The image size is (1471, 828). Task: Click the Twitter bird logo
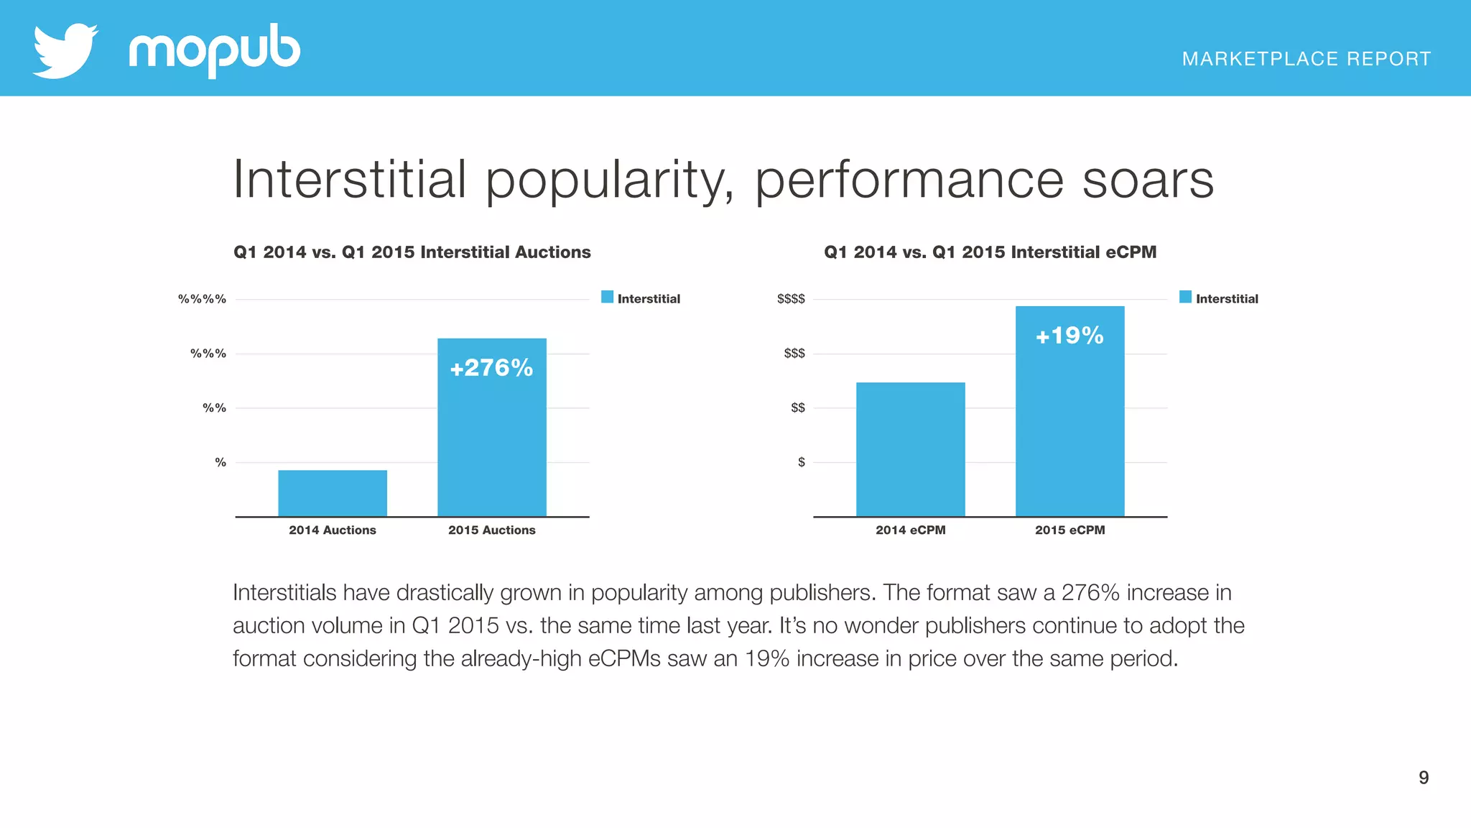(65, 50)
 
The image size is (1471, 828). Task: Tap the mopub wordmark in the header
(214, 50)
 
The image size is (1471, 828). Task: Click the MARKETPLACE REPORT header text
(1306, 59)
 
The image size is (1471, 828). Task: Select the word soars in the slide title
(1147, 180)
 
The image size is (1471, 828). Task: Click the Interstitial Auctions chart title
(412, 252)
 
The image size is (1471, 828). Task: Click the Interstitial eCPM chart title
(990, 252)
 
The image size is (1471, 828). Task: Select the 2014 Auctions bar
(333, 493)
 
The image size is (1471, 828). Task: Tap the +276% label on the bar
(491, 368)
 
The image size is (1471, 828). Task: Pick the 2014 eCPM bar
(910, 449)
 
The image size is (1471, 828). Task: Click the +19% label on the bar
(1069, 336)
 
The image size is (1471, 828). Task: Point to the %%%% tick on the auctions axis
(202, 299)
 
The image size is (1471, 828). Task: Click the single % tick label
(221, 462)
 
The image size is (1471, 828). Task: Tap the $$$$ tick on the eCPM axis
(791, 299)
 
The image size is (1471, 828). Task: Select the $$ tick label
(797, 408)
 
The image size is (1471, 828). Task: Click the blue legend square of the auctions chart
(607, 297)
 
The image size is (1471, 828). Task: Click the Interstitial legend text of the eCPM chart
(1226, 299)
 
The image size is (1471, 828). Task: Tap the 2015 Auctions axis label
(491, 530)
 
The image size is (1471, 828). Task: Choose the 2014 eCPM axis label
(910, 530)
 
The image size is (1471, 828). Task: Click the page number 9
(1423, 777)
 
